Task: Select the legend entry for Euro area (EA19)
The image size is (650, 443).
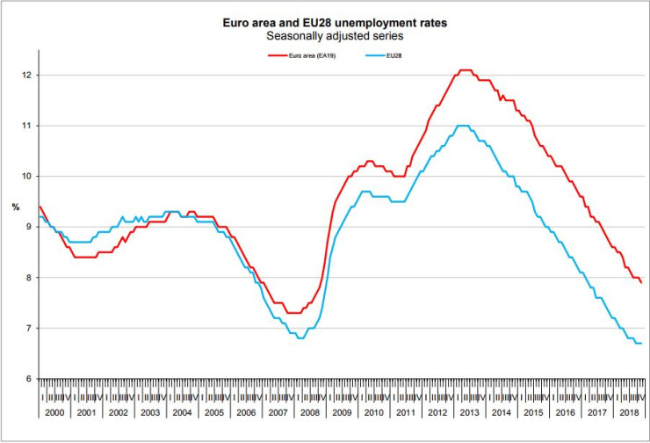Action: click(x=305, y=55)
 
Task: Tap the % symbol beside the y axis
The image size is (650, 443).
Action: click(x=15, y=207)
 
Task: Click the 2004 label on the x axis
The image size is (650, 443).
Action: click(x=181, y=411)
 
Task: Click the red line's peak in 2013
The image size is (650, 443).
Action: click(x=465, y=70)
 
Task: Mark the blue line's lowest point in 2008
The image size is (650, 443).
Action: click(x=301, y=338)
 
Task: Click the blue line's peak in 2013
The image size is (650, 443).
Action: click(x=463, y=126)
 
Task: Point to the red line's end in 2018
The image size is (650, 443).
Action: click(x=640, y=282)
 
